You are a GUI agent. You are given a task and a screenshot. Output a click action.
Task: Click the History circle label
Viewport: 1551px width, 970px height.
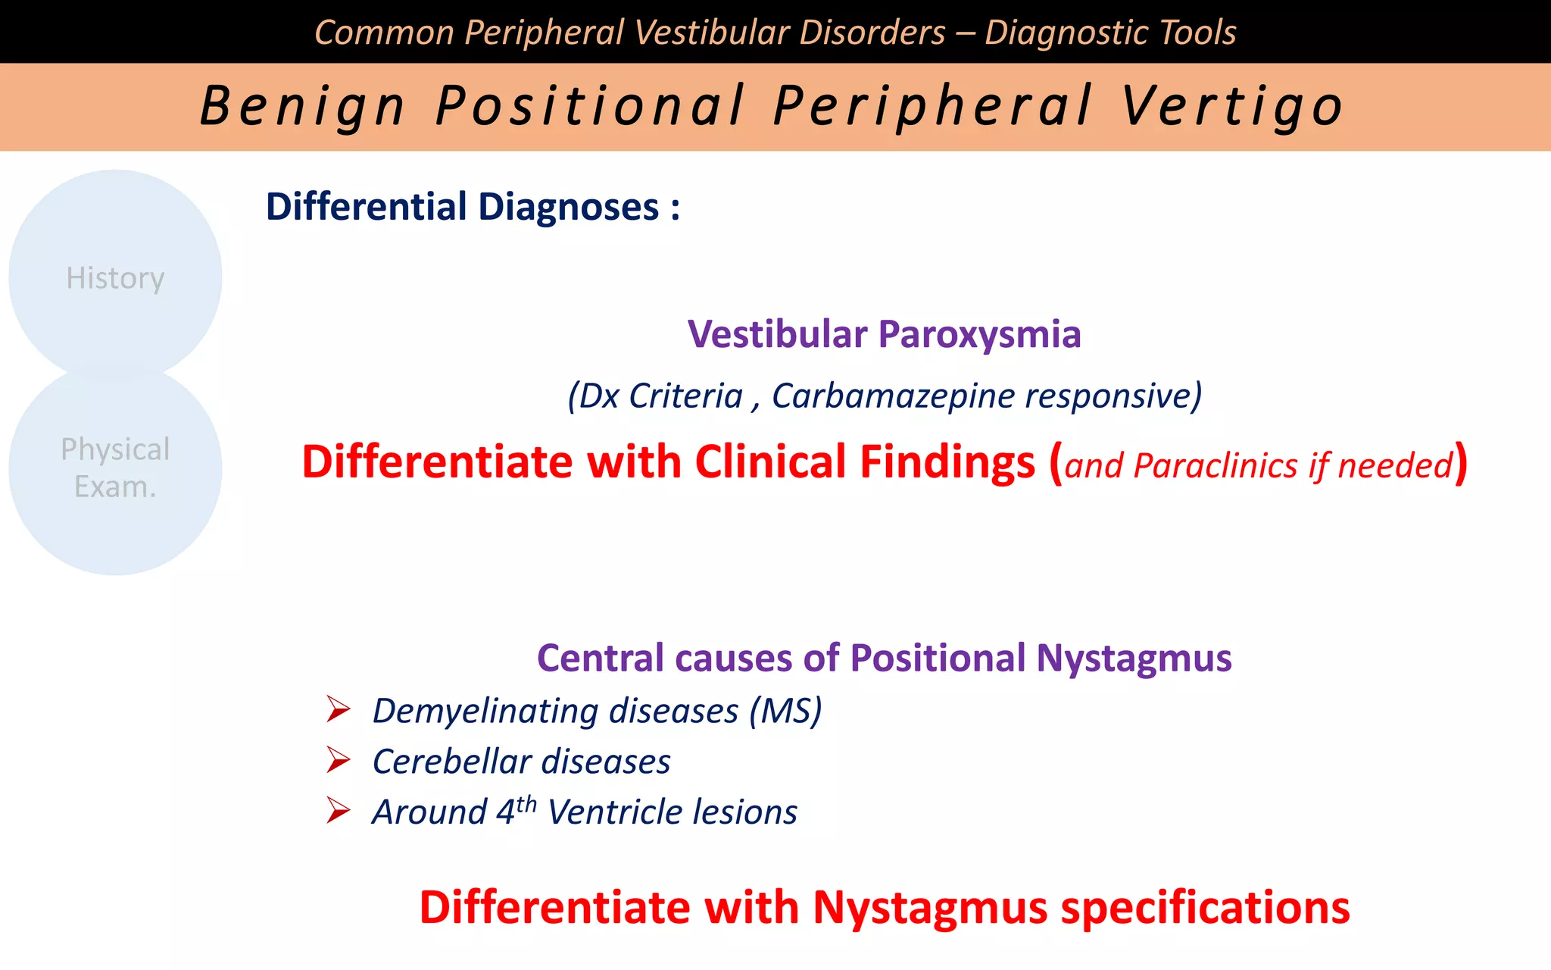point(115,278)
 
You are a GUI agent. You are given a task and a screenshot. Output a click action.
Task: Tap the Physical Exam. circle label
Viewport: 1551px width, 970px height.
point(115,468)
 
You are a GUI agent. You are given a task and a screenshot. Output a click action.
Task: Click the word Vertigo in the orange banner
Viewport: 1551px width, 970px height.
point(1232,106)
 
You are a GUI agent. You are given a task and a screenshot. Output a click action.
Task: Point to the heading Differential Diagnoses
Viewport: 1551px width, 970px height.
point(472,207)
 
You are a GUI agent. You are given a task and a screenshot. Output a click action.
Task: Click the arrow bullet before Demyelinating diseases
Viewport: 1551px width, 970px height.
point(338,710)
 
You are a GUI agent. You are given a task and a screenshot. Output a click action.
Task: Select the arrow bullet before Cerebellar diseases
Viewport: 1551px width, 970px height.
point(338,760)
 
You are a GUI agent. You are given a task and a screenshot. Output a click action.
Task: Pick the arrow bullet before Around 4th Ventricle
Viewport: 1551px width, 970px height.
point(338,811)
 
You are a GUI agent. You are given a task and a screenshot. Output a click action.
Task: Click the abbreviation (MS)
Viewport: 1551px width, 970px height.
point(785,711)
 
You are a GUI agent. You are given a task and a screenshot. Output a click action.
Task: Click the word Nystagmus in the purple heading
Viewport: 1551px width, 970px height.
point(1134,658)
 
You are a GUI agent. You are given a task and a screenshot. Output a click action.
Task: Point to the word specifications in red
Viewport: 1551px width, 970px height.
point(1205,908)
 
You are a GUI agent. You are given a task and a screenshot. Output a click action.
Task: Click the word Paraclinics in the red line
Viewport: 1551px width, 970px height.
point(1215,465)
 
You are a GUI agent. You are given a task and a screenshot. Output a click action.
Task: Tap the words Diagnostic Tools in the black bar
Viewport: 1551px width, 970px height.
point(1110,33)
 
